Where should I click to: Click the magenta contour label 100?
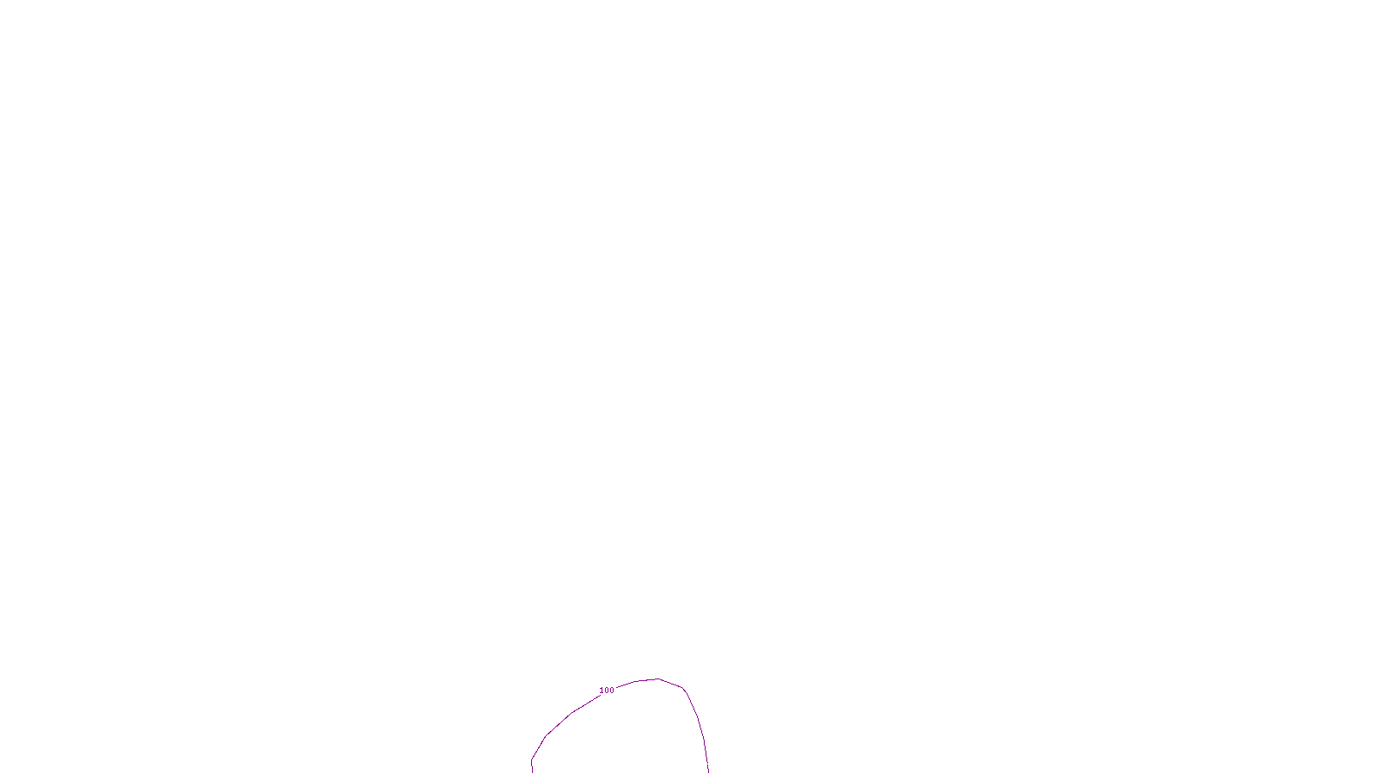tap(607, 691)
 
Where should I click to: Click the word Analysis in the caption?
tap(711, 762)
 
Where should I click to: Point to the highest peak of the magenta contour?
tap(658, 679)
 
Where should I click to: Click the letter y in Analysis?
tap(713, 763)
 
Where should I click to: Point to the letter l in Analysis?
tap(708, 762)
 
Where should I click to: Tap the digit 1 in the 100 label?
tap(602, 691)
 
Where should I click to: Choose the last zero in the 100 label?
tap(612, 691)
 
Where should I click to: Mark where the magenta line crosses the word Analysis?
tap(706, 762)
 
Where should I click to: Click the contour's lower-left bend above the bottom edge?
tap(532, 759)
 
